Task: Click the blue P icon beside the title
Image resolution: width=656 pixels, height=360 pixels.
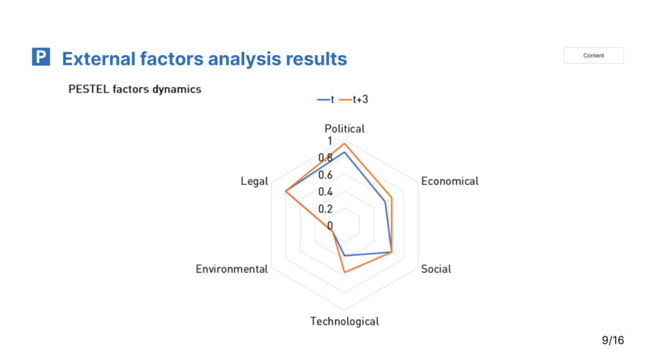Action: [x=41, y=56]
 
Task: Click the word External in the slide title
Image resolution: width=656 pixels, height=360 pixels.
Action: [x=99, y=58]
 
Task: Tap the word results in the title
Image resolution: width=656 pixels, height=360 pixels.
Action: [x=316, y=58]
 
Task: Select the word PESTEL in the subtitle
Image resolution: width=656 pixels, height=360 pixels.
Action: [x=88, y=89]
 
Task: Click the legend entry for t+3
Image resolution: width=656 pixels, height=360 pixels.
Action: [x=354, y=99]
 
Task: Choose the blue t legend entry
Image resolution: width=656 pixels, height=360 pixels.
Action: [x=325, y=99]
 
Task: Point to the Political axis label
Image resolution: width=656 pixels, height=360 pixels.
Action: [x=345, y=128]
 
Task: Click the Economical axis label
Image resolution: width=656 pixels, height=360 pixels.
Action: [x=450, y=181]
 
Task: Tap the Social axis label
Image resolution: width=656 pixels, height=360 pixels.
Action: [x=436, y=269]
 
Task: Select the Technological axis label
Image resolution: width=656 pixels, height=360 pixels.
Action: [x=345, y=321]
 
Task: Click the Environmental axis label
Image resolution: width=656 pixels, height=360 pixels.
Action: [x=232, y=269]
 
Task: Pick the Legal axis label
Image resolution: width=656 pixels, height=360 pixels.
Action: [x=254, y=181]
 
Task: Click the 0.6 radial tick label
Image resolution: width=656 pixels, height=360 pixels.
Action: [x=325, y=175]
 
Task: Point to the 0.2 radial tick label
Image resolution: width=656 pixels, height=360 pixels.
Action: [x=325, y=209]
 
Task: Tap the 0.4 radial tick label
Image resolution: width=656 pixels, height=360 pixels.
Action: [x=325, y=192]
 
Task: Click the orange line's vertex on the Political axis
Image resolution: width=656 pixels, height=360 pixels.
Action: [x=345, y=144]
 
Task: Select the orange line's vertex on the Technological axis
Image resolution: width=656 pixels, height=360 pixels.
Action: [x=345, y=273]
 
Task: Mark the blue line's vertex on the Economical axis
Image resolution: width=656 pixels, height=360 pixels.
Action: [x=385, y=202]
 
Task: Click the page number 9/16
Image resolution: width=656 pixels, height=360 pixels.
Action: [x=613, y=340]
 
